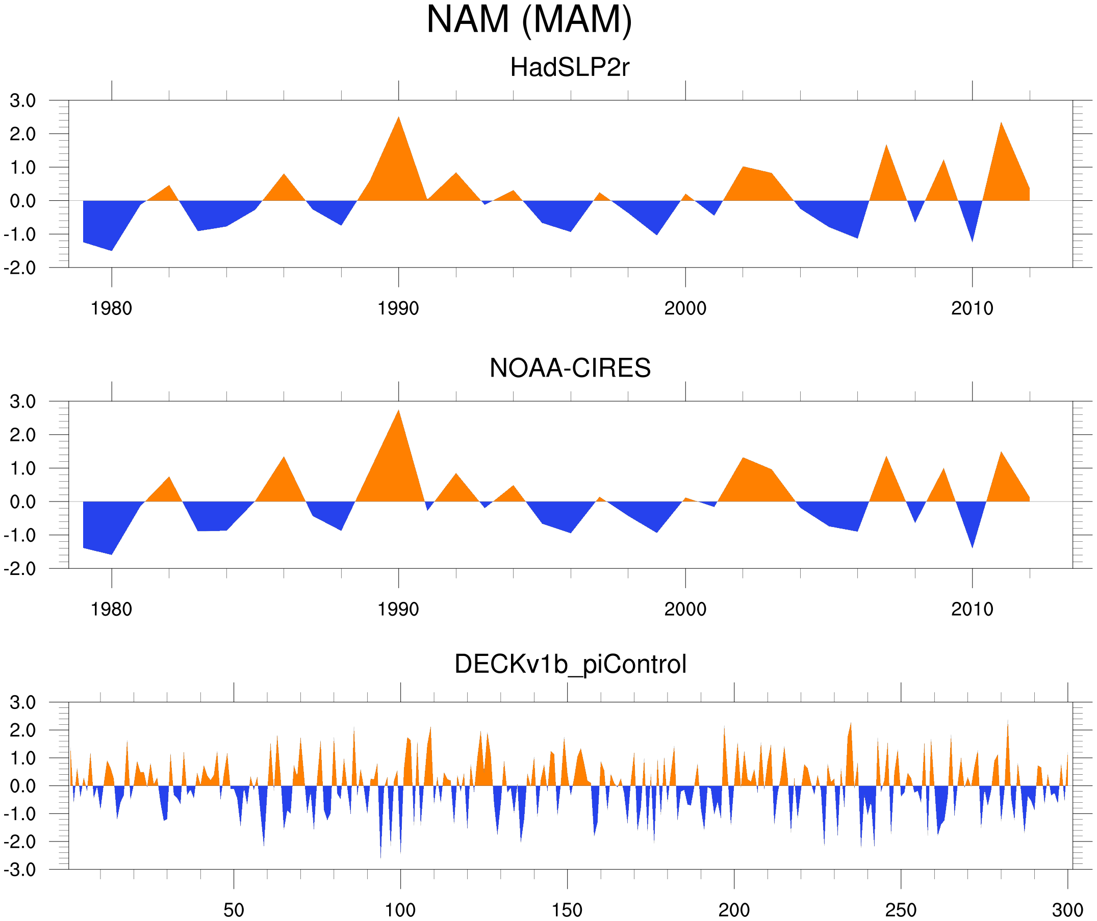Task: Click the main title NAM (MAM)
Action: coord(529,20)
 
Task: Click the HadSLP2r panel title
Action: coord(570,67)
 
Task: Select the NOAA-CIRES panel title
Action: coord(570,368)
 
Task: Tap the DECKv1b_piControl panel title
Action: coord(570,664)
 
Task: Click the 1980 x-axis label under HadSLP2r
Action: coord(111,308)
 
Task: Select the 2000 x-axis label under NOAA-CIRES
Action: coord(685,609)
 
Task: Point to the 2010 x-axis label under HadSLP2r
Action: coord(972,308)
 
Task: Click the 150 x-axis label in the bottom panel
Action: coord(567,910)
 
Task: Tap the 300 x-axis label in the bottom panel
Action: coord(1067,910)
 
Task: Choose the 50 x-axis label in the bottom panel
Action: coord(234,910)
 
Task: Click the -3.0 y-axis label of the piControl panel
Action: coord(20,870)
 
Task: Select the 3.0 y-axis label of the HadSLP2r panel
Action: coord(22,101)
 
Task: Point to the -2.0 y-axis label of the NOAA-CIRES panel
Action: coord(20,569)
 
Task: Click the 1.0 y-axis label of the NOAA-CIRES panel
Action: coord(22,468)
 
